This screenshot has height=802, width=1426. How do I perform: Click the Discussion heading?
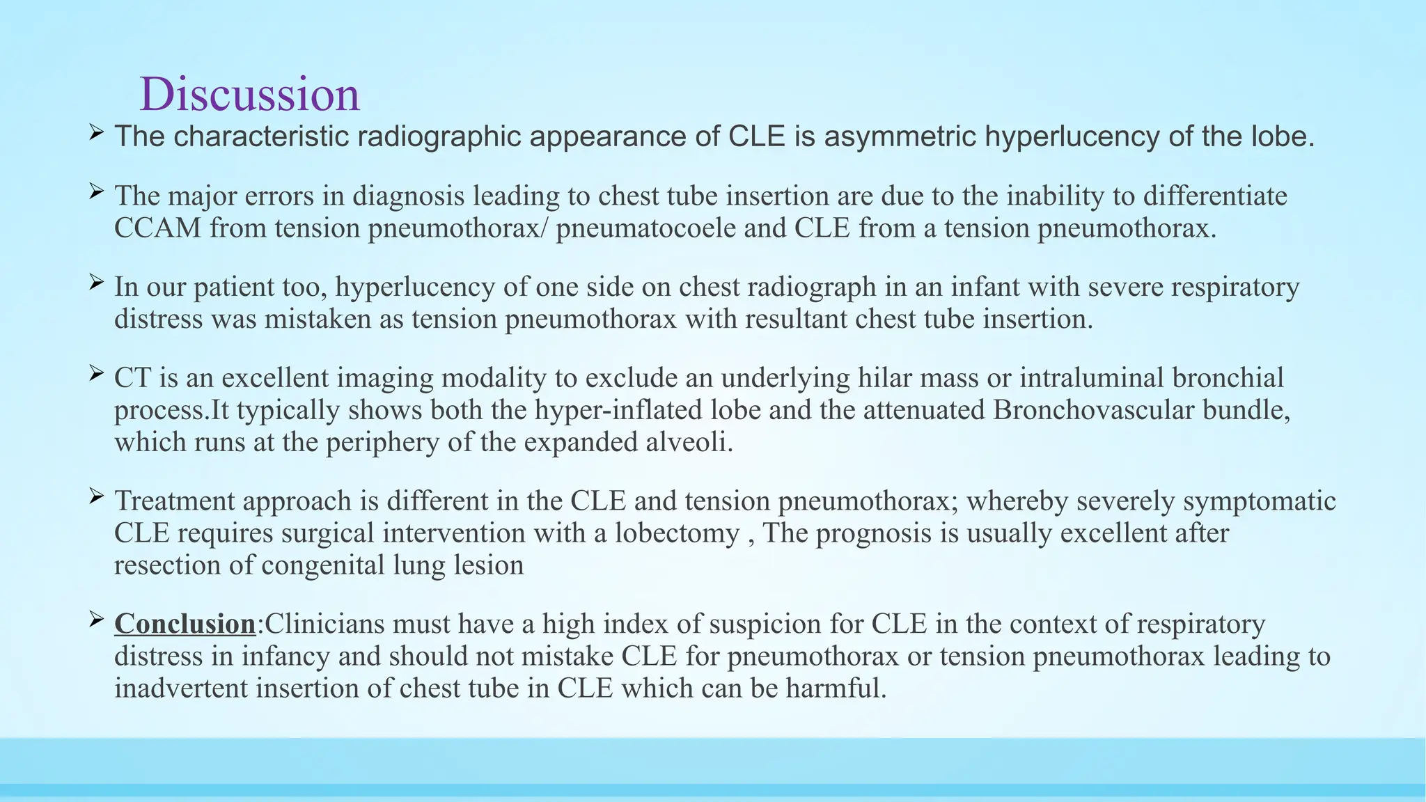click(249, 94)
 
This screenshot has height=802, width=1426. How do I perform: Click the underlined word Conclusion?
click(185, 624)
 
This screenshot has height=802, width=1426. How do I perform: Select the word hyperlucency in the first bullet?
click(1072, 136)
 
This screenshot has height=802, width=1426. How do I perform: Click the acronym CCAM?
click(157, 228)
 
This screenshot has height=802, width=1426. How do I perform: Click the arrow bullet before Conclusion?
click(96, 618)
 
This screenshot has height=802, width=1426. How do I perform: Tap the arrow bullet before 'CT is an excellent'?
click(96, 373)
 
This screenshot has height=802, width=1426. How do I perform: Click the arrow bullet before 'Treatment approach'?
click(96, 496)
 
